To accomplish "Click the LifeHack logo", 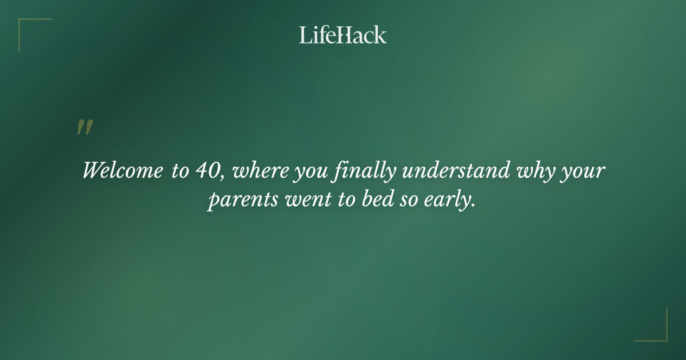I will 342,35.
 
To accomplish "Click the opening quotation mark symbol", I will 85,127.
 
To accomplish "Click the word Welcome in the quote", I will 122,170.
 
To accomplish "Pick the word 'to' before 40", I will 179,170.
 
